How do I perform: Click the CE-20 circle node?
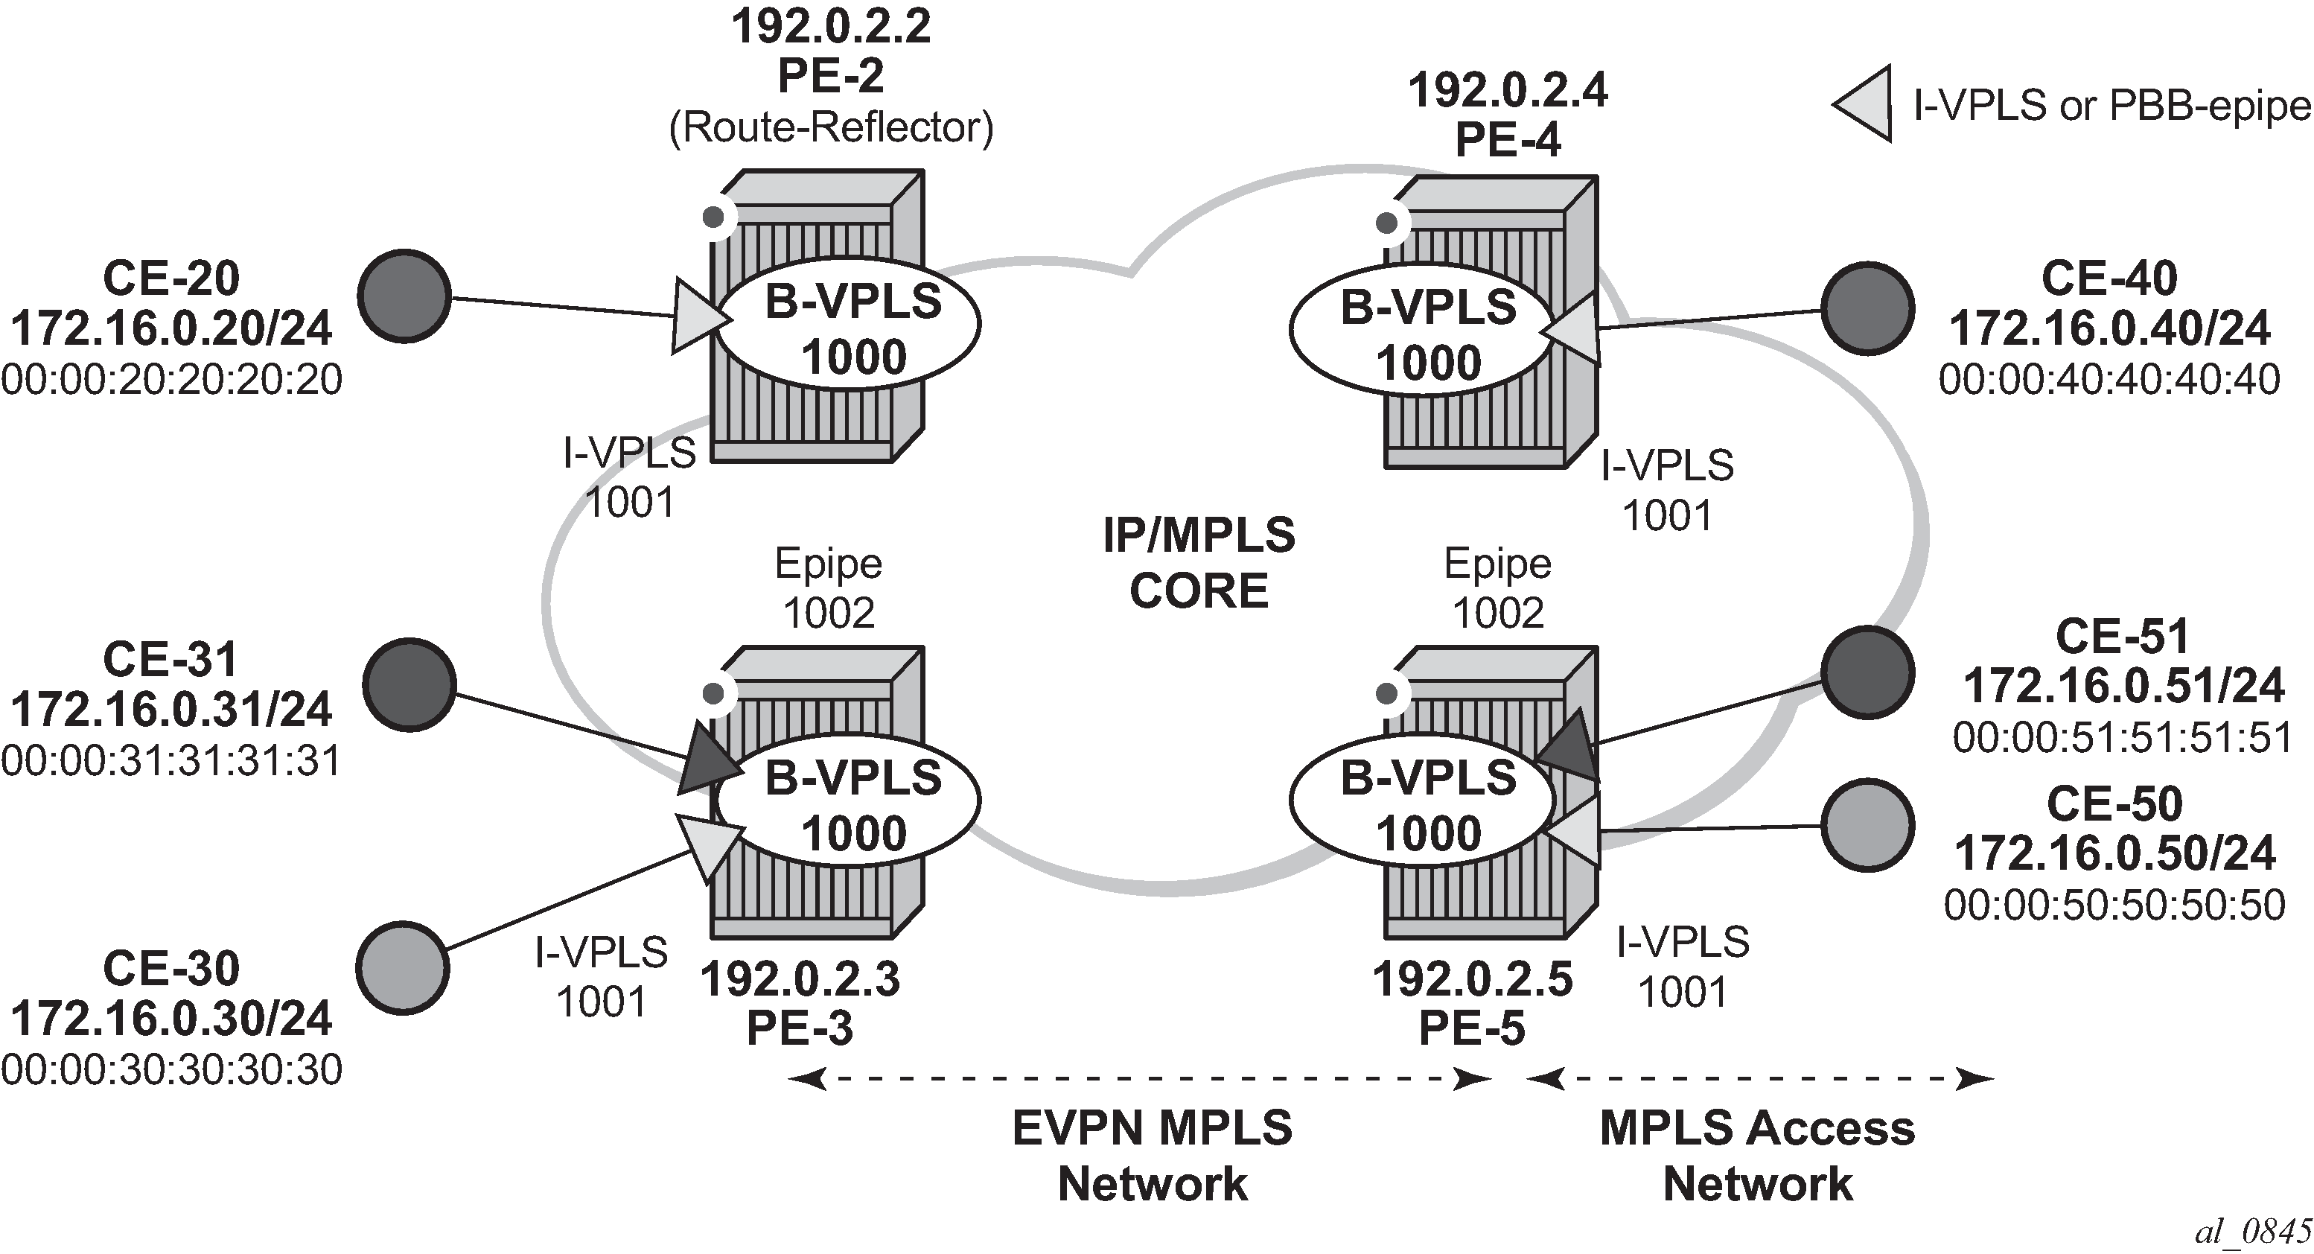pos(404,296)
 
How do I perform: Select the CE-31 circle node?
pos(409,684)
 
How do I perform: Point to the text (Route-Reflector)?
pos(831,127)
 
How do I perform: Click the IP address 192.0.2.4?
pos(1508,90)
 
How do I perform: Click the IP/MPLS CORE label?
pos(1199,563)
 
